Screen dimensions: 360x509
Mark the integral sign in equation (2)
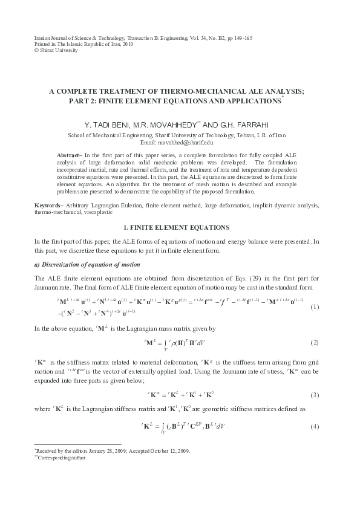point(165,342)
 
